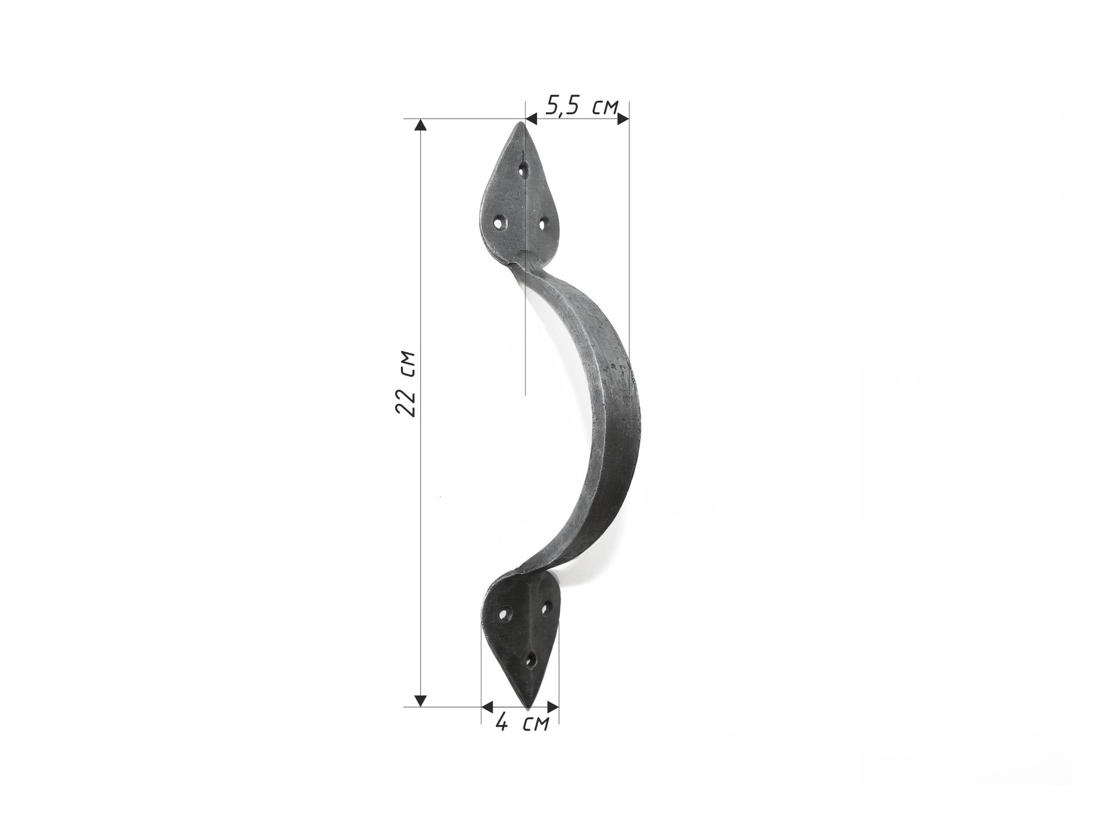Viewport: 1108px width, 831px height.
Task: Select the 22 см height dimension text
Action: [x=406, y=383]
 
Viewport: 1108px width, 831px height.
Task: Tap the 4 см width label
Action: [x=522, y=723]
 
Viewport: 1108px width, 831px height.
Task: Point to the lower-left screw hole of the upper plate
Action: [x=500, y=223]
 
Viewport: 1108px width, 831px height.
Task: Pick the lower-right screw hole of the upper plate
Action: [x=543, y=223]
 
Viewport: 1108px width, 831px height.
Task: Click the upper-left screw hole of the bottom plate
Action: [x=504, y=615]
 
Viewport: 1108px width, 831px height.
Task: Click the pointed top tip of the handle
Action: [x=519, y=123]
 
